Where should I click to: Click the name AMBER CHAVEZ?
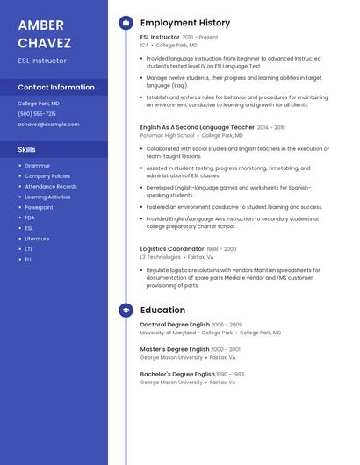click(45, 32)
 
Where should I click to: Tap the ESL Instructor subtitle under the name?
click(42, 61)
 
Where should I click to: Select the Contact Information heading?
click(56, 88)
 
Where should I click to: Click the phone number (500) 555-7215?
click(37, 113)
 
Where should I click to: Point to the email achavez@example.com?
click(48, 124)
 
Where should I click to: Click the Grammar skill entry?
click(38, 165)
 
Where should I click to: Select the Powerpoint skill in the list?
click(40, 207)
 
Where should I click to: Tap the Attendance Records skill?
click(51, 186)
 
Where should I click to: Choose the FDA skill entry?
click(30, 218)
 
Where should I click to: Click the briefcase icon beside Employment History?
click(126, 23)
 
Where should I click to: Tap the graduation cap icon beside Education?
click(126, 310)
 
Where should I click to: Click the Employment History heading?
click(185, 23)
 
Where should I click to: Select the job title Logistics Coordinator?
click(172, 248)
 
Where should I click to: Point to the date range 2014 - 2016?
click(271, 127)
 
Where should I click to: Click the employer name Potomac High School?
click(168, 136)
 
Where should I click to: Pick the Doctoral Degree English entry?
click(175, 325)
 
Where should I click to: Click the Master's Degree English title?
click(176, 349)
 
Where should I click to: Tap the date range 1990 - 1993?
click(230, 374)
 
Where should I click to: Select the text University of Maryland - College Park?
click(186, 333)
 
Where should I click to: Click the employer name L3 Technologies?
click(161, 257)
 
